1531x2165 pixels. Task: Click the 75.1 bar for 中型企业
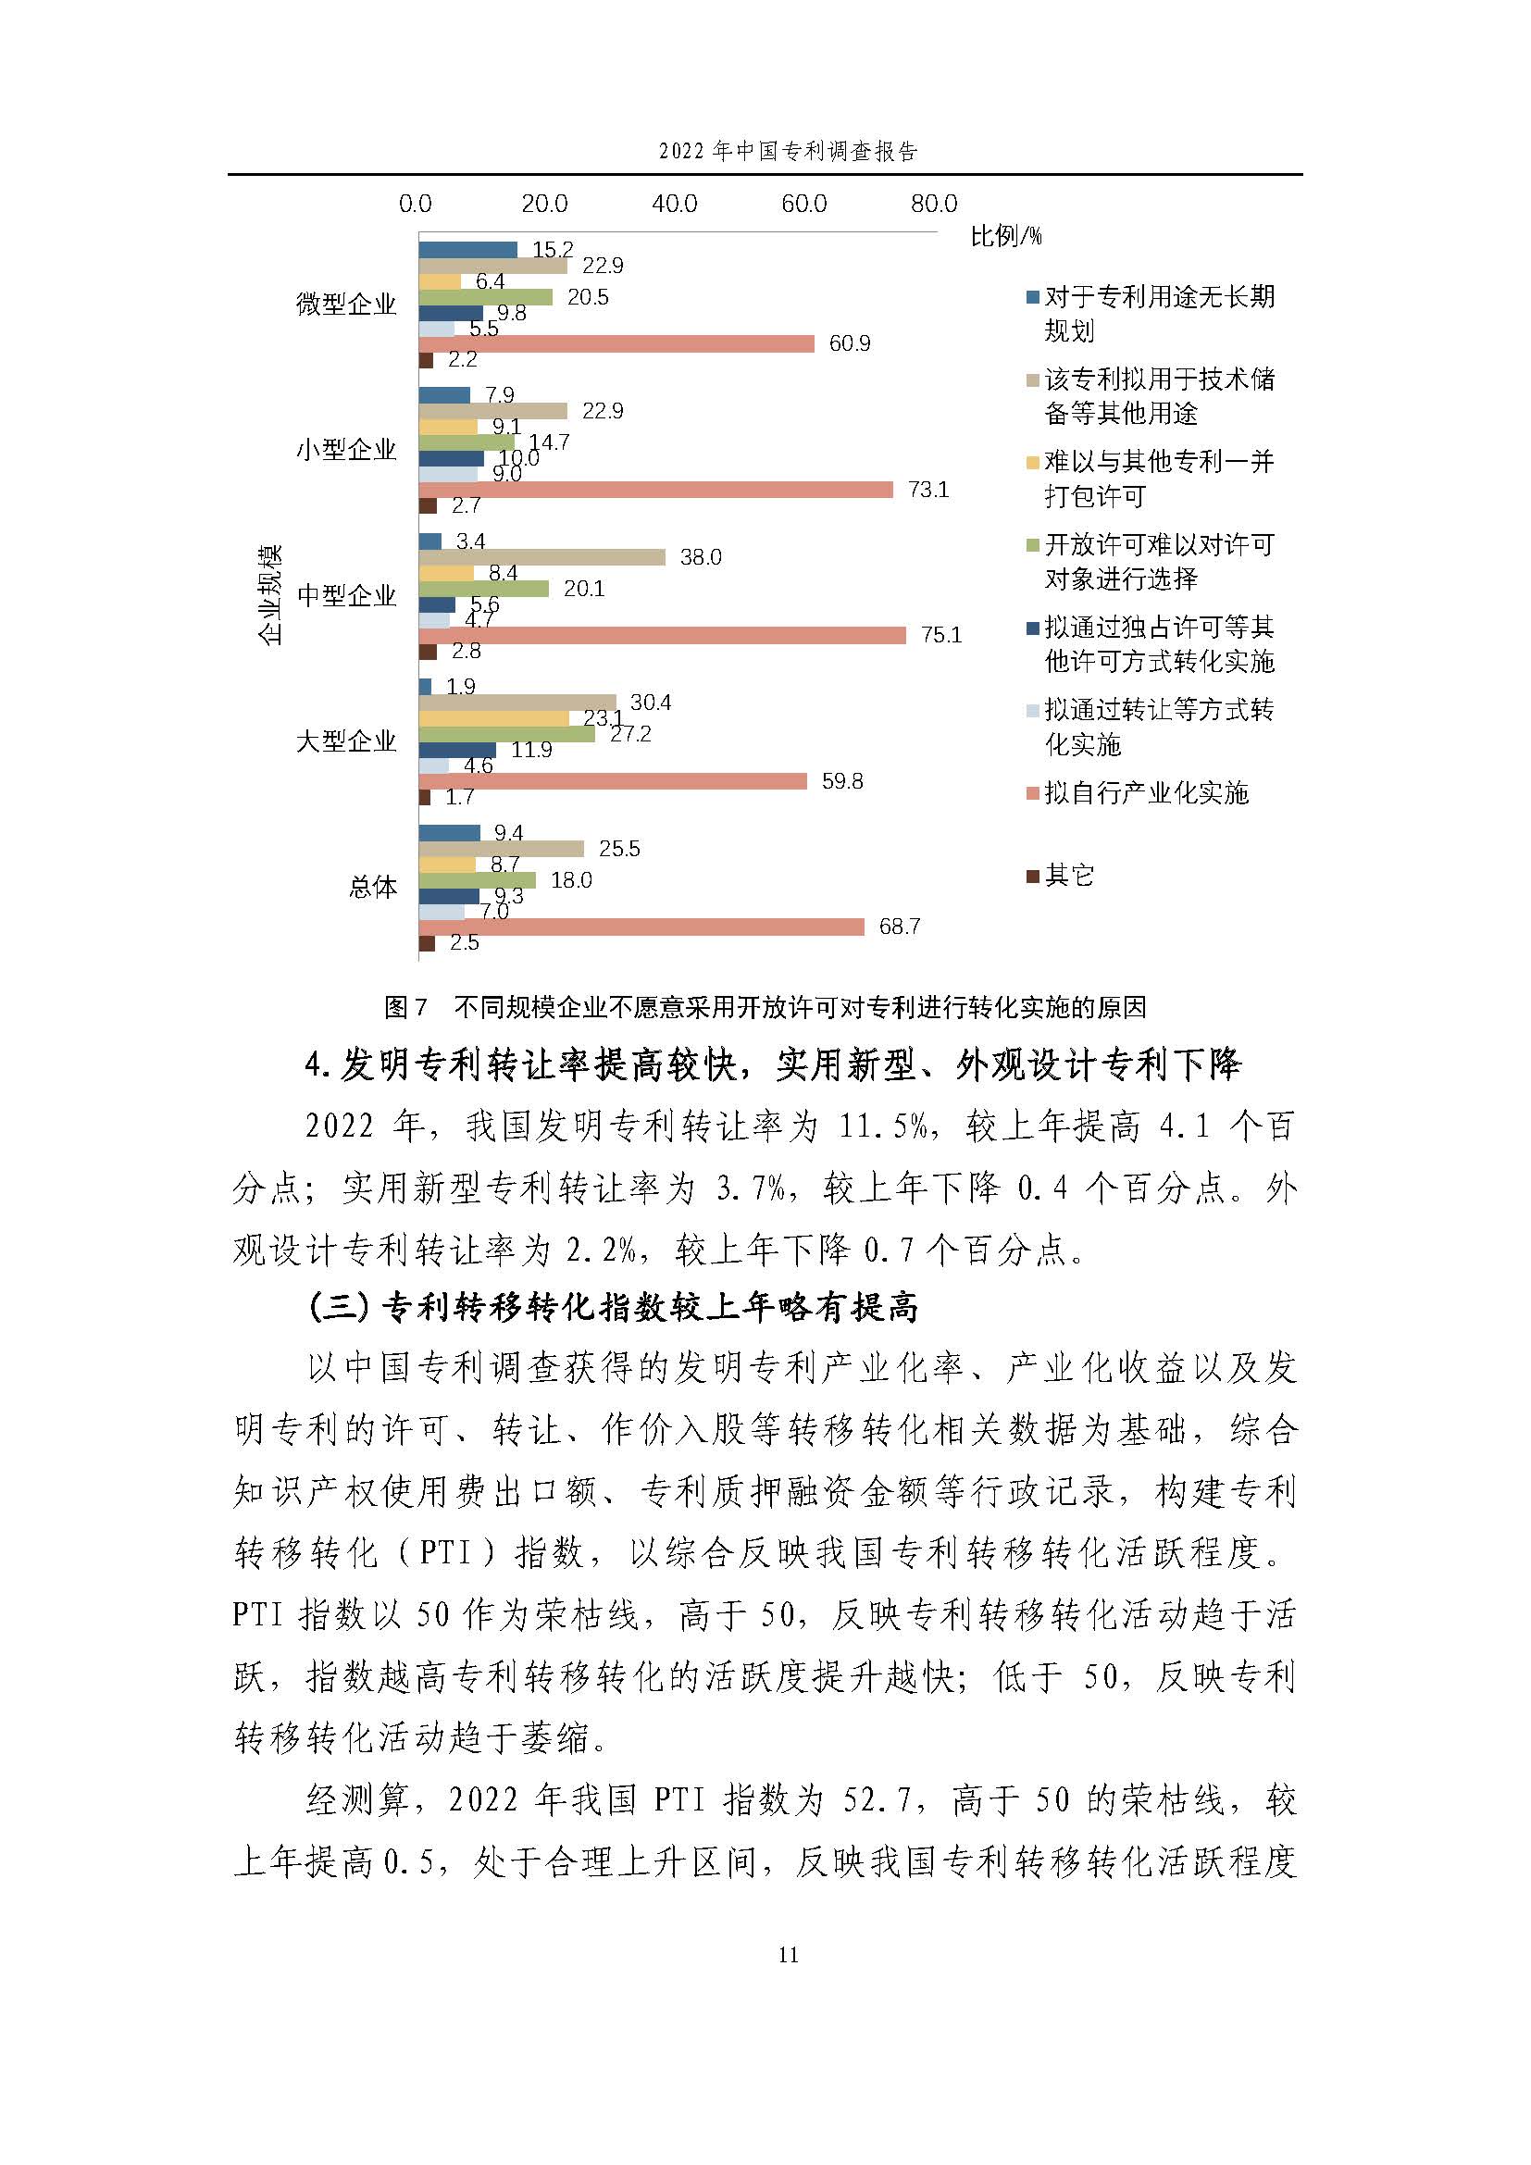click(x=662, y=636)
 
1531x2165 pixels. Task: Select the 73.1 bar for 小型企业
click(x=655, y=490)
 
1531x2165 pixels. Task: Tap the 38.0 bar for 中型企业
click(x=542, y=557)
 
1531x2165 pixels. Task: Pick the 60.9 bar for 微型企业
click(x=616, y=343)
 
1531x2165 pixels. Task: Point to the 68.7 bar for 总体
click(x=641, y=927)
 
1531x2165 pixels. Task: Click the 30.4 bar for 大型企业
click(x=517, y=703)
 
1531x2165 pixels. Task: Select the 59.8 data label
click(x=841, y=782)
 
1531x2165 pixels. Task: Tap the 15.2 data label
click(x=553, y=250)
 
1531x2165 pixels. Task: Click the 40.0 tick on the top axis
click(x=674, y=204)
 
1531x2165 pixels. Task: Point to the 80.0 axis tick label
click(x=933, y=204)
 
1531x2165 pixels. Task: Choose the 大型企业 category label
click(x=346, y=741)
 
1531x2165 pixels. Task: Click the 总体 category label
click(x=372, y=888)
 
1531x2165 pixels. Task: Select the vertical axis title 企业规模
click(x=269, y=594)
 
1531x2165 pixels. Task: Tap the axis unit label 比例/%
click(x=1006, y=236)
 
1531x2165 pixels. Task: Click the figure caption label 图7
click(x=406, y=1007)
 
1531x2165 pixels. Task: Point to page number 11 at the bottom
click(x=788, y=1954)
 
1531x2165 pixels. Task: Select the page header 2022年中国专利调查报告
click(x=788, y=151)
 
